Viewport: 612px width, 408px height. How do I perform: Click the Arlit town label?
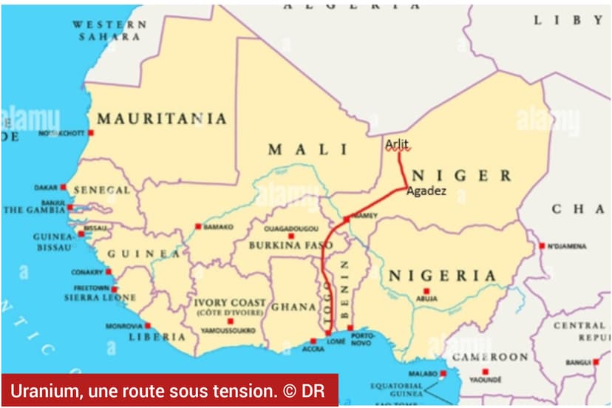pyautogui.click(x=396, y=143)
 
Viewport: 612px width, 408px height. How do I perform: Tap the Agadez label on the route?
pyautogui.click(x=426, y=190)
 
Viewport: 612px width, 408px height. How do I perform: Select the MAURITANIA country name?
pyautogui.click(x=162, y=118)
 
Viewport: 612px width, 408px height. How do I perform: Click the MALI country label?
pyautogui.click(x=307, y=149)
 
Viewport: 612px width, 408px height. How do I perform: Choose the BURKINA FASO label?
pyautogui.click(x=285, y=245)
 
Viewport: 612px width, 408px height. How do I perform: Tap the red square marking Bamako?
pyautogui.click(x=198, y=226)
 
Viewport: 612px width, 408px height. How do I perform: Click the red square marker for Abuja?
pyautogui.click(x=426, y=291)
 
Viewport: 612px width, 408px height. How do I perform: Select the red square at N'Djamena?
pyautogui.click(x=542, y=245)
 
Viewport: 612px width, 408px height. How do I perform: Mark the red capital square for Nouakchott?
pyautogui.click(x=91, y=133)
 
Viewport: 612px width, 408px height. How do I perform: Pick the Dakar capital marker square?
pyautogui.click(x=64, y=187)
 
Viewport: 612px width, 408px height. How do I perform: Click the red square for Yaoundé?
pyautogui.click(x=485, y=372)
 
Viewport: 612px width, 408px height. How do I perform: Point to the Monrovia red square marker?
pyautogui.click(x=147, y=325)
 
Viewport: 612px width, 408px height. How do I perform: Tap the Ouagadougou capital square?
pyautogui.click(x=291, y=236)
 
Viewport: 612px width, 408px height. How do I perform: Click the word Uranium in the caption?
pyautogui.click(x=38, y=390)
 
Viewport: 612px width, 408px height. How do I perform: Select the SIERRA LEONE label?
pyautogui.click(x=100, y=298)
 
